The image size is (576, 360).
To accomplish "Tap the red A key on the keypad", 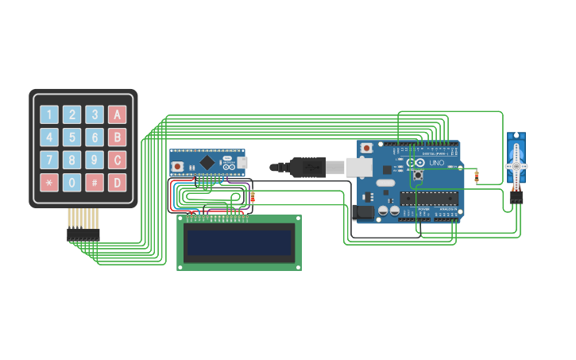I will point(117,114).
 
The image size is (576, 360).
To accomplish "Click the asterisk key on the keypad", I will point(49,183).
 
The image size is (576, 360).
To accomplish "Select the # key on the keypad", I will point(95,183).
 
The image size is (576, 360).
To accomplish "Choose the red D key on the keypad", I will point(117,183).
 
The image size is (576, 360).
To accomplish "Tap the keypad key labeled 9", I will point(95,160).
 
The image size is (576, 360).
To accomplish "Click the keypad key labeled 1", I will point(49,114).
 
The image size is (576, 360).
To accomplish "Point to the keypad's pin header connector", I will point(83,235).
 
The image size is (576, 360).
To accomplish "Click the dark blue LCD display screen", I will point(238,242).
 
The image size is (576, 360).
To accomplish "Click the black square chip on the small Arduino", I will point(207,162).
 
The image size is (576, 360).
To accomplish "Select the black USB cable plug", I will point(306,168).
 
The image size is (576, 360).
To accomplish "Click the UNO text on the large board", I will point(437,163).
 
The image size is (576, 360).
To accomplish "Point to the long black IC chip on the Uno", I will point(429,198).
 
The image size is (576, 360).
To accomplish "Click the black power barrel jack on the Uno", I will point(361,212).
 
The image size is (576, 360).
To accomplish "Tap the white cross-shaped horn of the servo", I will point(516,166).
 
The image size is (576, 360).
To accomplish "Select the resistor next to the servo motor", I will point(477,176).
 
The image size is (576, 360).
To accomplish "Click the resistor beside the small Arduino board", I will point(253,196).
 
